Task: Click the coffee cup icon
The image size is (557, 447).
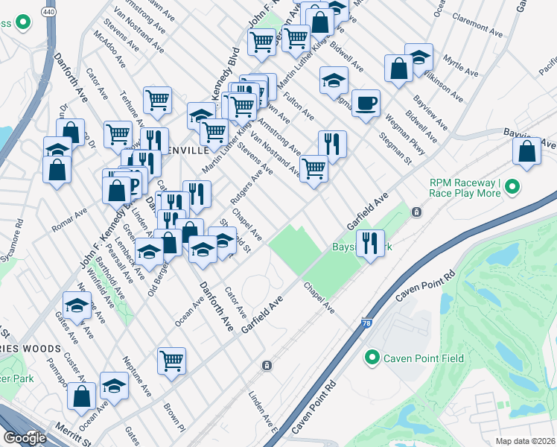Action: tap(365, 102)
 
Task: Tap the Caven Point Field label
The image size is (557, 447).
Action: tap(423, 358)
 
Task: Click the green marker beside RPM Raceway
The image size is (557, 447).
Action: tap(512, 190)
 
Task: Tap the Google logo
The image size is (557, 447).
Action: tap(25, 438)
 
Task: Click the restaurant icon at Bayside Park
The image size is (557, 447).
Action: tap(369, 241)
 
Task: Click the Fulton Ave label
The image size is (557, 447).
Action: tap(299, 107)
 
